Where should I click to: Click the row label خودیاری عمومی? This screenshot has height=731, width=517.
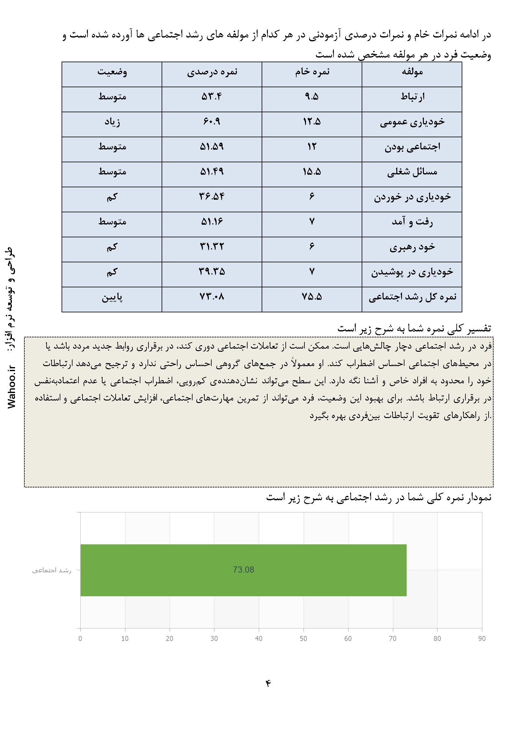(x=412, y=122)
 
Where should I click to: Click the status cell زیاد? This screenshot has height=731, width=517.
(x=112, y=122)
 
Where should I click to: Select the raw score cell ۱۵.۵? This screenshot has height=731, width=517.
(x=312, y=172)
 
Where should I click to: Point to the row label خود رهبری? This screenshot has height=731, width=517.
(x=412, y=247)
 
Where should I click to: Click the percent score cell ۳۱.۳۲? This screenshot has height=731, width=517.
(x=212, y=247)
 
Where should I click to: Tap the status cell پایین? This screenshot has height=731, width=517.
(x=112, y=297)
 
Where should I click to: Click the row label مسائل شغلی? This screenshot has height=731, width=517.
(x=412, y=172)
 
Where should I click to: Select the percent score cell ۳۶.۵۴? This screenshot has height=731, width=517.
(x=212, y=197)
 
